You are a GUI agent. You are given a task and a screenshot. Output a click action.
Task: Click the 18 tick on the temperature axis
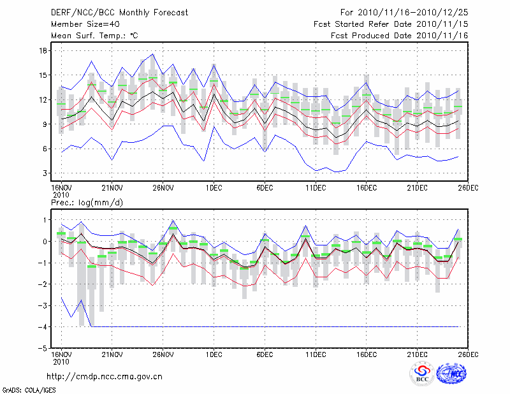pyautogui.click(x=43, y=50)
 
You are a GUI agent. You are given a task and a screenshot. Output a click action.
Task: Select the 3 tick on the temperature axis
pyautogui.click(x=46, y=173)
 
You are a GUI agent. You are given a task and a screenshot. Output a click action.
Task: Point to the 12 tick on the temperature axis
pyautogui.click(x=43, y=99)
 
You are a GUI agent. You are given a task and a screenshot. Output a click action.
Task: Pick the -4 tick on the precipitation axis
pyautogui.click(x=43, y=327)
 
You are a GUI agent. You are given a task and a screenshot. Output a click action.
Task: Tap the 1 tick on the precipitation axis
pyautogui.click(x=46, y=220)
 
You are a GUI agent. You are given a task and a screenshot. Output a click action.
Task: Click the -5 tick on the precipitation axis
pyautogui.click(x=43, y=349)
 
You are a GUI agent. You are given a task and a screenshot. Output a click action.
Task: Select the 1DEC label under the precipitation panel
pyautogui.click(x=214, y=354)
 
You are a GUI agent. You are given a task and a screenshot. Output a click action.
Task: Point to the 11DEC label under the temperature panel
pyautogui.click(x=316, y=188)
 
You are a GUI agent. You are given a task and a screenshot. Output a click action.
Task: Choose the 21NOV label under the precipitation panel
pyautogui.click(x=112, y=354)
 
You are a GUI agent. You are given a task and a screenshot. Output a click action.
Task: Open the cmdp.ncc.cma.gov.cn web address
pyautogui.click(x=105, y=376)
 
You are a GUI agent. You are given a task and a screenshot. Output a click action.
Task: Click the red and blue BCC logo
pyautogui.click(x=421, y=374)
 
